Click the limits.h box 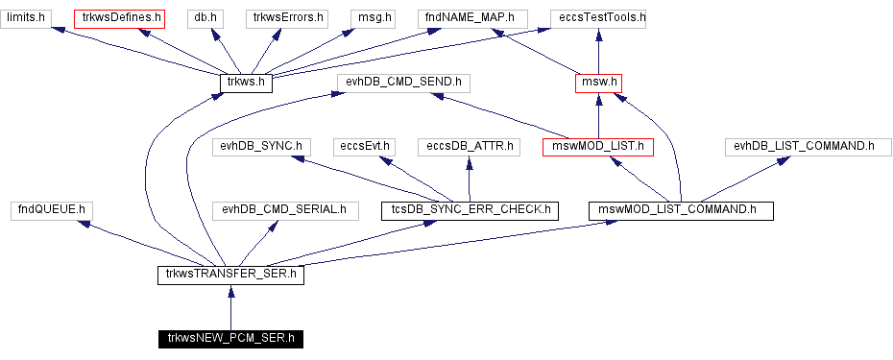point(27,17)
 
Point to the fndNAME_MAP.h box point(471,17)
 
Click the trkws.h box point(246,84)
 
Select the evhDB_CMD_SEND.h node point(403,84)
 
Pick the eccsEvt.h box point(365,147)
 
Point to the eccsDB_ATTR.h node point(469,147)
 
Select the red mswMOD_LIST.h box point(598,147)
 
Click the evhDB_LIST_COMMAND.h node point(804,147)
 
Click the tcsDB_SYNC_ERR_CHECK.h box point(469,209)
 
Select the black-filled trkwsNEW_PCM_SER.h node point(230,338)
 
